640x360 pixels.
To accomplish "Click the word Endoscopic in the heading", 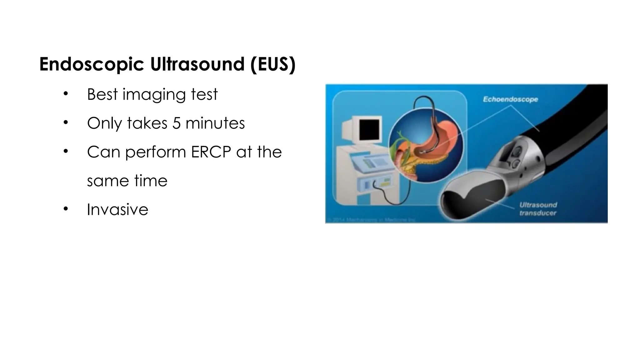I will (92, 64).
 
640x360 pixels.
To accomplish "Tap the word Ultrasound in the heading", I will (197, 64).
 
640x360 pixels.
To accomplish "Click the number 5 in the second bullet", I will (176, 123).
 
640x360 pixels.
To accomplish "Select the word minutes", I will (215, 123).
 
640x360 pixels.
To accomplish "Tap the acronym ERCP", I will (211, 152).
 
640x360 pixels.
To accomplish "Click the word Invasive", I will (117, 209).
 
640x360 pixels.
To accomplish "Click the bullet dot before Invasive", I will (65, 208).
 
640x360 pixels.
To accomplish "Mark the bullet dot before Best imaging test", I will (65, 93).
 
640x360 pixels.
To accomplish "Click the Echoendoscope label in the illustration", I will (510, 99).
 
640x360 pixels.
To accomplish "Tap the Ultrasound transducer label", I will (538, 209).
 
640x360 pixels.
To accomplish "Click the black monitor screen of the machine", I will (370, 129).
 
